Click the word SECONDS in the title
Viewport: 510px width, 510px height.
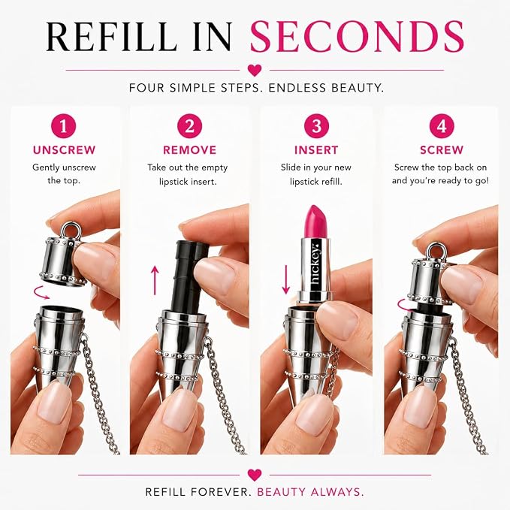tap(357, 36)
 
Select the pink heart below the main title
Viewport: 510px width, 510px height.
tap(255, 70)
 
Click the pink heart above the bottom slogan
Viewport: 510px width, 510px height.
tap(255, 475)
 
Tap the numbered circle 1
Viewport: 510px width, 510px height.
tap(63, 126)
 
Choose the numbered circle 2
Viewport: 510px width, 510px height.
tap(189, 126)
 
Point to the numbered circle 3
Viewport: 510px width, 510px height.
tap(316, 126)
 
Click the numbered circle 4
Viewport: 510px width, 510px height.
tap(442, 126)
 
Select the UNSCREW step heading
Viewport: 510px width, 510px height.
tap(64, 150)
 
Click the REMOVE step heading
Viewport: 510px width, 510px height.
tap(189, 150)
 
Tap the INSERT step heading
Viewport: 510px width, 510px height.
tap(316, 150)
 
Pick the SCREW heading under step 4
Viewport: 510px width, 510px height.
tap(442, 150)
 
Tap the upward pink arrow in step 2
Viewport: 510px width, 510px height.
tap(155, 280)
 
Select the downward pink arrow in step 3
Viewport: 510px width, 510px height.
tap(286, 279)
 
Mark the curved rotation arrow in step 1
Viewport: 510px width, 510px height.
tap(41, 292)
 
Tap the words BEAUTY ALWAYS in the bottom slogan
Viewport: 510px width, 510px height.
tap(310, 491)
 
